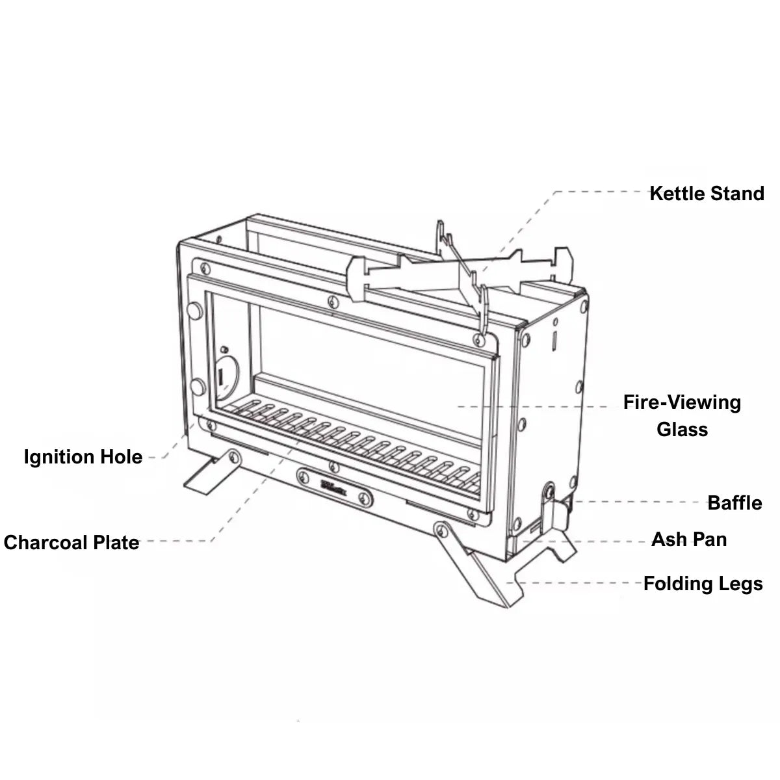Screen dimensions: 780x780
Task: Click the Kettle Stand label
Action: coord(707,194)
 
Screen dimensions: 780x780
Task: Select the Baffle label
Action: coord(734,503)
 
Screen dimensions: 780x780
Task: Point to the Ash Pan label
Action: coord(689,539)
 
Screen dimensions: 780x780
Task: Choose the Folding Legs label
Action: coord(703,584)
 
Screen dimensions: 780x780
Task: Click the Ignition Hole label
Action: coord(83,457)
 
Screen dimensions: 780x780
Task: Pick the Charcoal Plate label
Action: coord(71,543)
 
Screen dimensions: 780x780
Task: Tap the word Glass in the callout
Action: coord(682,430)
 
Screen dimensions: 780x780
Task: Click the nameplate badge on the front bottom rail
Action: coord(335,484)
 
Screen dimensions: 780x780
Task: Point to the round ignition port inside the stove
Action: coord(223,375)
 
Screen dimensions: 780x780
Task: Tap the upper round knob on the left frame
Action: coord(194,310)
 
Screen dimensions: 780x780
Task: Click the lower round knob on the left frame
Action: coord(195,389)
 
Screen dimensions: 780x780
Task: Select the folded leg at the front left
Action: coord(209,471)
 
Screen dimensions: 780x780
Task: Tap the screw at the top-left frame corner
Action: coord(205,267)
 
